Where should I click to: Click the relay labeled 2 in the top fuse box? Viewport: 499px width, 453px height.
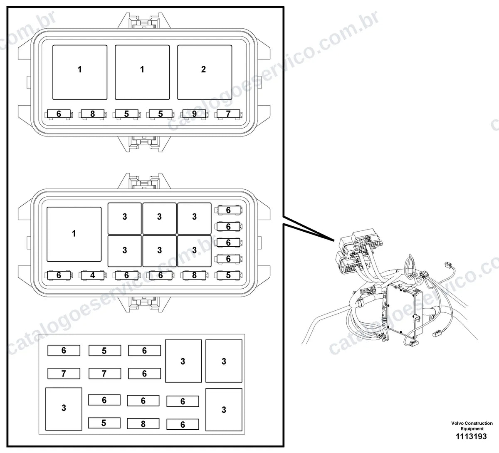click(x=205, y=72)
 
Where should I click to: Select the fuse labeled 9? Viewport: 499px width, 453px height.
click(x=194, y=114)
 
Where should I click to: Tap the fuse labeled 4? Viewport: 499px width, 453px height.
click(x=93, y=275)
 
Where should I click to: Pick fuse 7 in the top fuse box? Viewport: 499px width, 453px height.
click(x=228, y=114)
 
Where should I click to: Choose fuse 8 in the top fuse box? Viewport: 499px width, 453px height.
click(x=93, y=114)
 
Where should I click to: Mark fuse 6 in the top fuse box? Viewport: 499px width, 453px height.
click(x=59, y=114)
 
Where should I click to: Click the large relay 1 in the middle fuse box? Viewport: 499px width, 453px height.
click(x=74, y=234)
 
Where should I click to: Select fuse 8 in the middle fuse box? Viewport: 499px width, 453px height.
click(x=194, y=275)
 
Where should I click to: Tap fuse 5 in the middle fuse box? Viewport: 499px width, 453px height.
click(x=228, y=275)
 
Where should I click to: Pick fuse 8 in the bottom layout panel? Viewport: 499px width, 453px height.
click(x=143, y=423)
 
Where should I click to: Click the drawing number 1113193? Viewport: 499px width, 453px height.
click(x=471, y=436)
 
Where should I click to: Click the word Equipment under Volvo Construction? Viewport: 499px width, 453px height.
click(x=472, y=428)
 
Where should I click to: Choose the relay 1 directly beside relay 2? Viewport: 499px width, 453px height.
click(x=142, y=72)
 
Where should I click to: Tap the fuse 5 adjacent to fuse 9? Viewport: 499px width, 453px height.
click(x=161, y=114)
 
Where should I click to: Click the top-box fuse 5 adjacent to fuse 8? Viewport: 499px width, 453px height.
click(x=126, y=114)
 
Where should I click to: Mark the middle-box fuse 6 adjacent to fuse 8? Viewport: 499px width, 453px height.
click(x=161, y=275)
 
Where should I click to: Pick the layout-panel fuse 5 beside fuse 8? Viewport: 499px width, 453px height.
click(x=104, y=423)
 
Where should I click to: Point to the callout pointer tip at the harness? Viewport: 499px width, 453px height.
click(x=334, y=241)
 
